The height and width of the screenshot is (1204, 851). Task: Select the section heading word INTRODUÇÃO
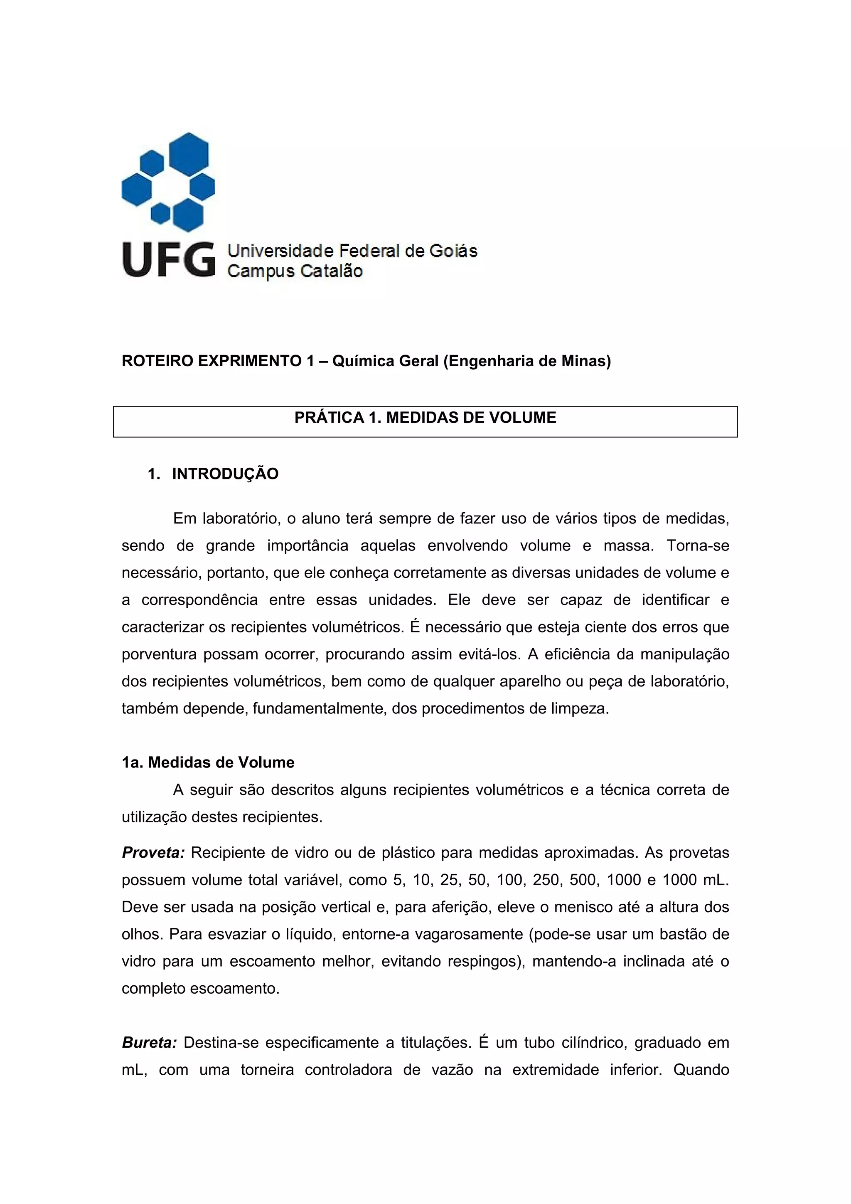(225, 474)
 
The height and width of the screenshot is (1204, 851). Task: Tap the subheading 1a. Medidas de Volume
(208, 762)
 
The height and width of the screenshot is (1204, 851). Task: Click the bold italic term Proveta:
(153, 853)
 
